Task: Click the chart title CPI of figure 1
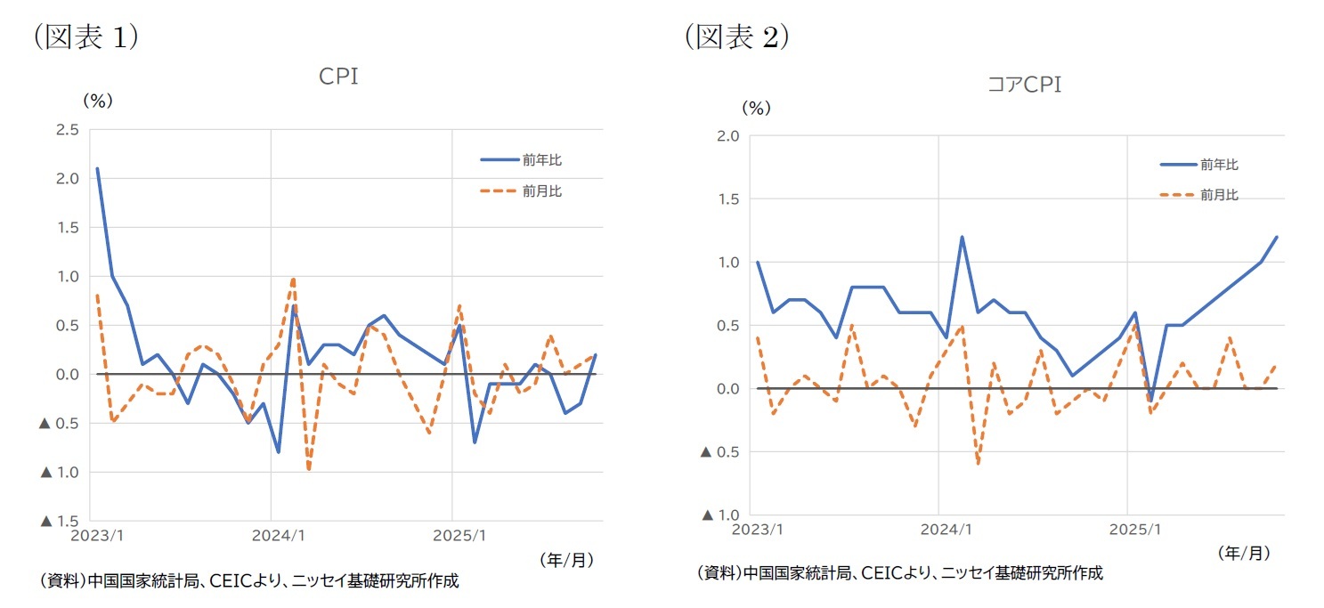coord(338,77)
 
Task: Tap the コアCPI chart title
coord(1024,85)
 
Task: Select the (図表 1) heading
coord(85,36)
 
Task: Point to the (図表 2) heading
coord(737,36)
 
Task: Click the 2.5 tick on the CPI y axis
coord(67,130)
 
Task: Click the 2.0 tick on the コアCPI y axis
coord(727,136)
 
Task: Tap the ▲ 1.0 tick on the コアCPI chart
coord(719,515)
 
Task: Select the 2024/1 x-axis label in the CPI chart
coord(280,537)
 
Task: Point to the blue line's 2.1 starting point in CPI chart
coord(97,168)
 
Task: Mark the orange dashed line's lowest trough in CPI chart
coord(309,469)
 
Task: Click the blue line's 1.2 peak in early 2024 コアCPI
coord(963,237)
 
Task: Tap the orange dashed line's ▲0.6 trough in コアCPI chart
coord(978,464)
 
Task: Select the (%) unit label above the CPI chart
coord(98,101)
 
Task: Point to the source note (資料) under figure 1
coord(249,581)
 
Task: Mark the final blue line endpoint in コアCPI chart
coord(1276,237)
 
